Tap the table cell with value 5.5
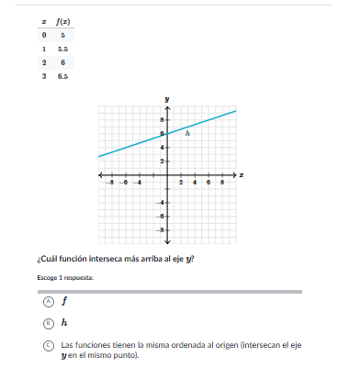(63, 49)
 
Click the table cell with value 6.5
(63, 76)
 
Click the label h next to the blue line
(187, 133)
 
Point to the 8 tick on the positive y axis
(163, 119)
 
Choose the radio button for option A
(48, 300)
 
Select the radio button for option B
(48, 323)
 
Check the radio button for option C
(48, 346)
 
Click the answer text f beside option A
(64, 300)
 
